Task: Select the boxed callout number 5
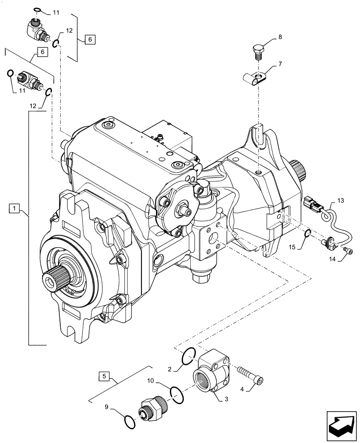click(105, 377)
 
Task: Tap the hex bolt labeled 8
click(258, 50)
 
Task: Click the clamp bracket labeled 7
click(257, 80)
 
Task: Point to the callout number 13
click(340, 200)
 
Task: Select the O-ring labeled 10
click(176, 394)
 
